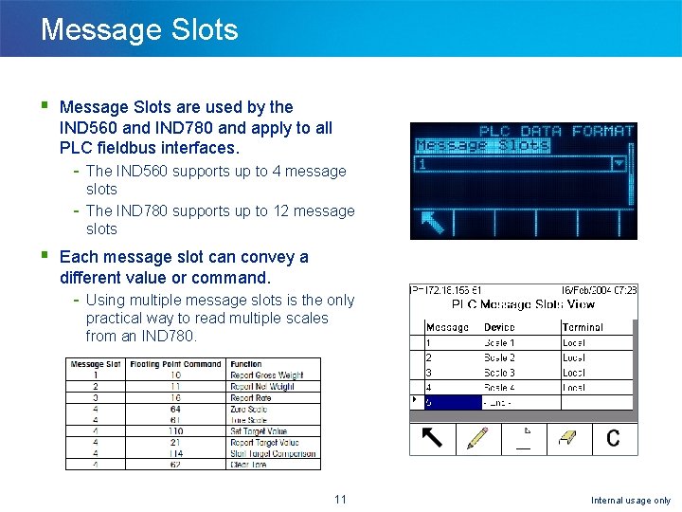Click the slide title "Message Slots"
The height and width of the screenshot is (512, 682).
point(139,29)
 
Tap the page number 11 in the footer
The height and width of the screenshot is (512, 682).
point(340,500)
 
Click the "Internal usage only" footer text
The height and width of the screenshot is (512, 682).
point(630,501)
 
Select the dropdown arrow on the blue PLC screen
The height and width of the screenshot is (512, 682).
point(619,163)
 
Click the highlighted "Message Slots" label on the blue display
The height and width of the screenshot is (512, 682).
point(483,146)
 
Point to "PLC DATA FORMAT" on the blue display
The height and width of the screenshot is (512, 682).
point(555,132)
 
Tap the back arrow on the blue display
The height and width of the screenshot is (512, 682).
point(432,223)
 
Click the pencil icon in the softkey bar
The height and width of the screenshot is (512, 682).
point(477,438)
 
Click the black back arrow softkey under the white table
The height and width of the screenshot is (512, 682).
point(432,438)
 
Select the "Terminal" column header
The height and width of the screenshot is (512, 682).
point(583,327)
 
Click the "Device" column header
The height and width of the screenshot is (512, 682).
point(499,327)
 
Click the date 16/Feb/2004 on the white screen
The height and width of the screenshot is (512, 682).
point(586,290)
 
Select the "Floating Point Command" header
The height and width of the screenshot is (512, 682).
point(175,364)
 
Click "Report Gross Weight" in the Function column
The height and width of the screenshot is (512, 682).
point(266,375)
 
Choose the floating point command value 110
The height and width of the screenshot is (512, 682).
point(175,431)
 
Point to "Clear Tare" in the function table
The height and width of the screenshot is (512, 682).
point(250,465)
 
